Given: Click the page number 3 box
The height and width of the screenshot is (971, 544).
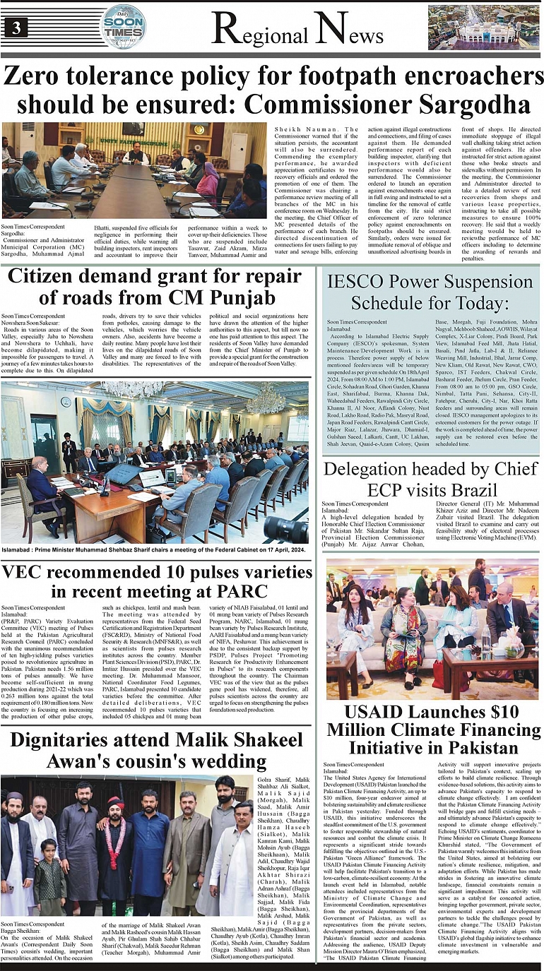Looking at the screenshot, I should coord(15,28).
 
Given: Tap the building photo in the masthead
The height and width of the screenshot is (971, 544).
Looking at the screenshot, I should coord(483,27).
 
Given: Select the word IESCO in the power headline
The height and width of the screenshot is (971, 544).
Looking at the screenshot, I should coord(361,282).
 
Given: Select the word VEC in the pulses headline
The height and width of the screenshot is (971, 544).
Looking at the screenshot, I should coord(26,571).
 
